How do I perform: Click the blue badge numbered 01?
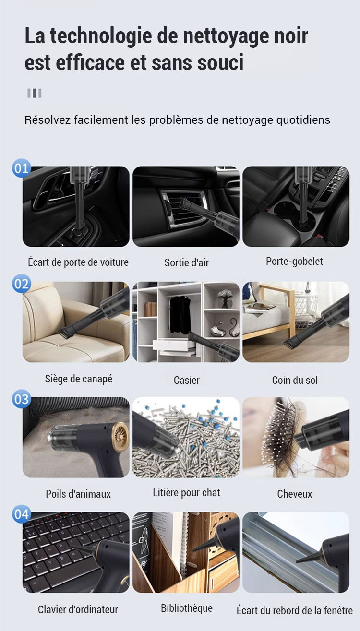pyautogui.click(x=21, y=168)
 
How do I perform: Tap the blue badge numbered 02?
pyautogui.click(x=21, y=284)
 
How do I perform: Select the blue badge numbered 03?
pyautogui.click(x=21, y=399)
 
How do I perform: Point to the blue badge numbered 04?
pyautogui.click(x=21, y=514)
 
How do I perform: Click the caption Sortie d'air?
pyautogui.click(x=186, y=262)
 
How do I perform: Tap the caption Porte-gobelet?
pyautogui.click(x=294, y=262)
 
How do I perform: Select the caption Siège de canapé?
pyautogui.click(x=79, y=379)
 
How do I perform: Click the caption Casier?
pyautogui.click(x=186, y=381)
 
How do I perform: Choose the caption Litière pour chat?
pyautogui.click(x=186, y=493)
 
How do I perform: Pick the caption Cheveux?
pyautogui.click(x=295, y=494)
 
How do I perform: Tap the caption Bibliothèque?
pyautogui.click(x=186, y=608)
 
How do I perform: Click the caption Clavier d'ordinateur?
pyautogui.click(x=78, y=609)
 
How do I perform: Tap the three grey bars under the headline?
pyautogui.click(x=35, y=93)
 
